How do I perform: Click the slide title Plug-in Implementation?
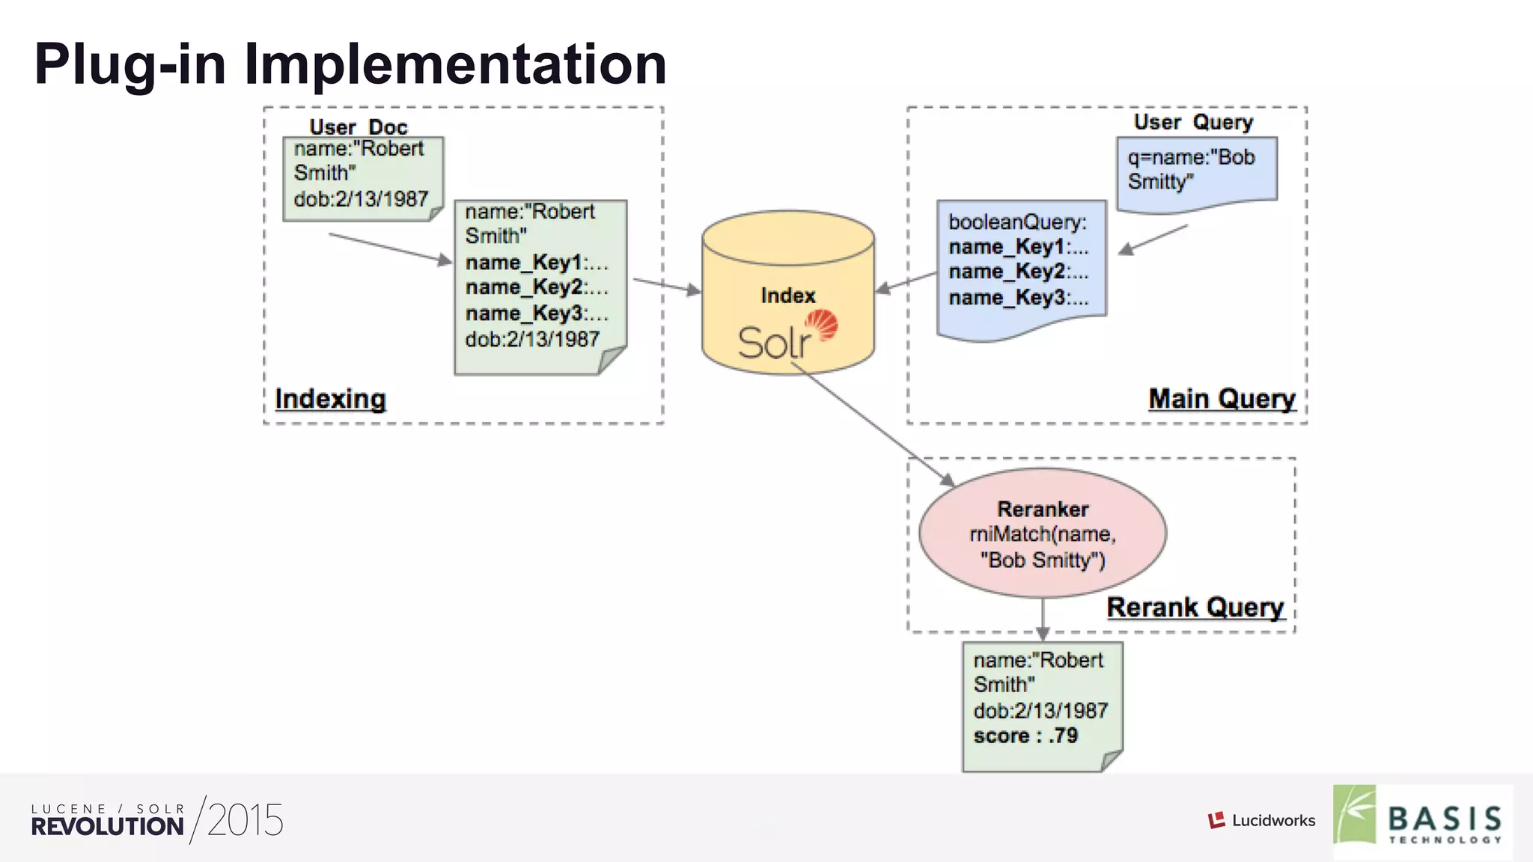[x=350, y=64]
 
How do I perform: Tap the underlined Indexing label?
[x=330, y=399]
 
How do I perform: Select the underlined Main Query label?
[x=1222, y=399]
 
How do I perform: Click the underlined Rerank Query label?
[x=1195, y=607]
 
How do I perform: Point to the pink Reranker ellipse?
[x=1042, y=533]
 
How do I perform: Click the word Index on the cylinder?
[x=787, y=296]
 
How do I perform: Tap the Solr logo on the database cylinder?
[x=786, y=337]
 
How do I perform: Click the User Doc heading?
[x=358, y=126]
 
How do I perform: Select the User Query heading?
[x=1193, y=122]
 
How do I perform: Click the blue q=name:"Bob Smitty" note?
[x=1196, y=171]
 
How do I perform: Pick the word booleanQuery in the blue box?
[x=1017, y=222]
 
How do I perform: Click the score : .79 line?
[x=1025, y=736]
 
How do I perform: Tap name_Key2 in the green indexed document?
[x=536, y=287]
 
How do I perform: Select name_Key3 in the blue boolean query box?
[x=1018, y=298]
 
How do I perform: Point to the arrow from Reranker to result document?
[x=1043, y=620]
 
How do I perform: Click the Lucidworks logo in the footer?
[x=1262, y=820]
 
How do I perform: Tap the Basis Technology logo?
[x=1422, y=820]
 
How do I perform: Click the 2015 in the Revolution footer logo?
[x=245, y=820]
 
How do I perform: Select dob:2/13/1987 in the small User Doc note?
[x=361, y=199]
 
